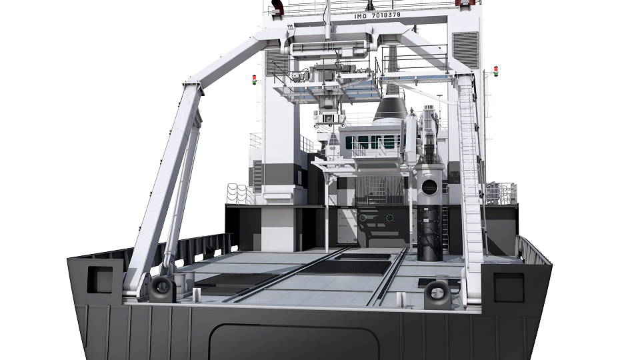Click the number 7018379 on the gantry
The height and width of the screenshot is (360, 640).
pyautogui.click(x=386, y=15)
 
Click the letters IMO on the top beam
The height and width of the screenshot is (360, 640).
pyautogui.click(x=361, y=16)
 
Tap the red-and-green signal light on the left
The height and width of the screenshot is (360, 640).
pyautogui.click(x=254, y=79)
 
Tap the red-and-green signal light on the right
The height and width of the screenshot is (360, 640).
pyautogui.click(x=496, y=71)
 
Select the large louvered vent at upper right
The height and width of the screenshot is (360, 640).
pyautogui.click(x=465, y=50)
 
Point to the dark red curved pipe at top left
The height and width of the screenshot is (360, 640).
pyautogui.click(x=277, y=6)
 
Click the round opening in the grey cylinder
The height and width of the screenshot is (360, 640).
pyautogui.click(x=429, y=187)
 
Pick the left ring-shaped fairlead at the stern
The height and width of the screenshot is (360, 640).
pyautogui.click(x=162, y=288)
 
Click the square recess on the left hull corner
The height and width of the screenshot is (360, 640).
pyautogui.click(x=101, y=279)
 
